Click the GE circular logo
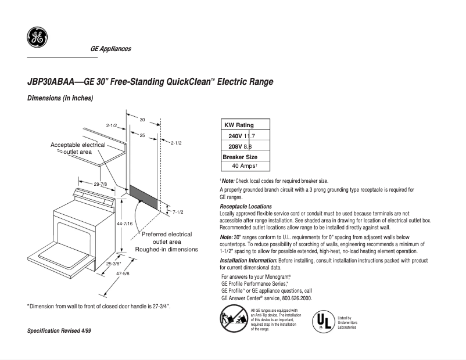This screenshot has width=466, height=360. point(37,38)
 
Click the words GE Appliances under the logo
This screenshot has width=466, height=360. point(110,49)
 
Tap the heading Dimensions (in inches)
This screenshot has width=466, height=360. point(60,98)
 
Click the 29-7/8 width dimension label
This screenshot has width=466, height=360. point(101,183)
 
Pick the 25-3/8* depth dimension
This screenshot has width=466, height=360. point(113,263)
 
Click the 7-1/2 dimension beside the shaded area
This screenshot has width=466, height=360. point(178,212)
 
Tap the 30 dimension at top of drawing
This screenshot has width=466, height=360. point(142,119)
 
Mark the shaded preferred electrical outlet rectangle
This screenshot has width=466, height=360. point(143,197)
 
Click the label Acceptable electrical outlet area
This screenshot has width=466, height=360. point(78,148)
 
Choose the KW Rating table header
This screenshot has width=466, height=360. point(239,125)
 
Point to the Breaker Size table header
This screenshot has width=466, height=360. point(240,157)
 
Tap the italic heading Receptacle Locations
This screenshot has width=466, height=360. point(245,207)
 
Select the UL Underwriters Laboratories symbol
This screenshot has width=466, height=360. point(322,320)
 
